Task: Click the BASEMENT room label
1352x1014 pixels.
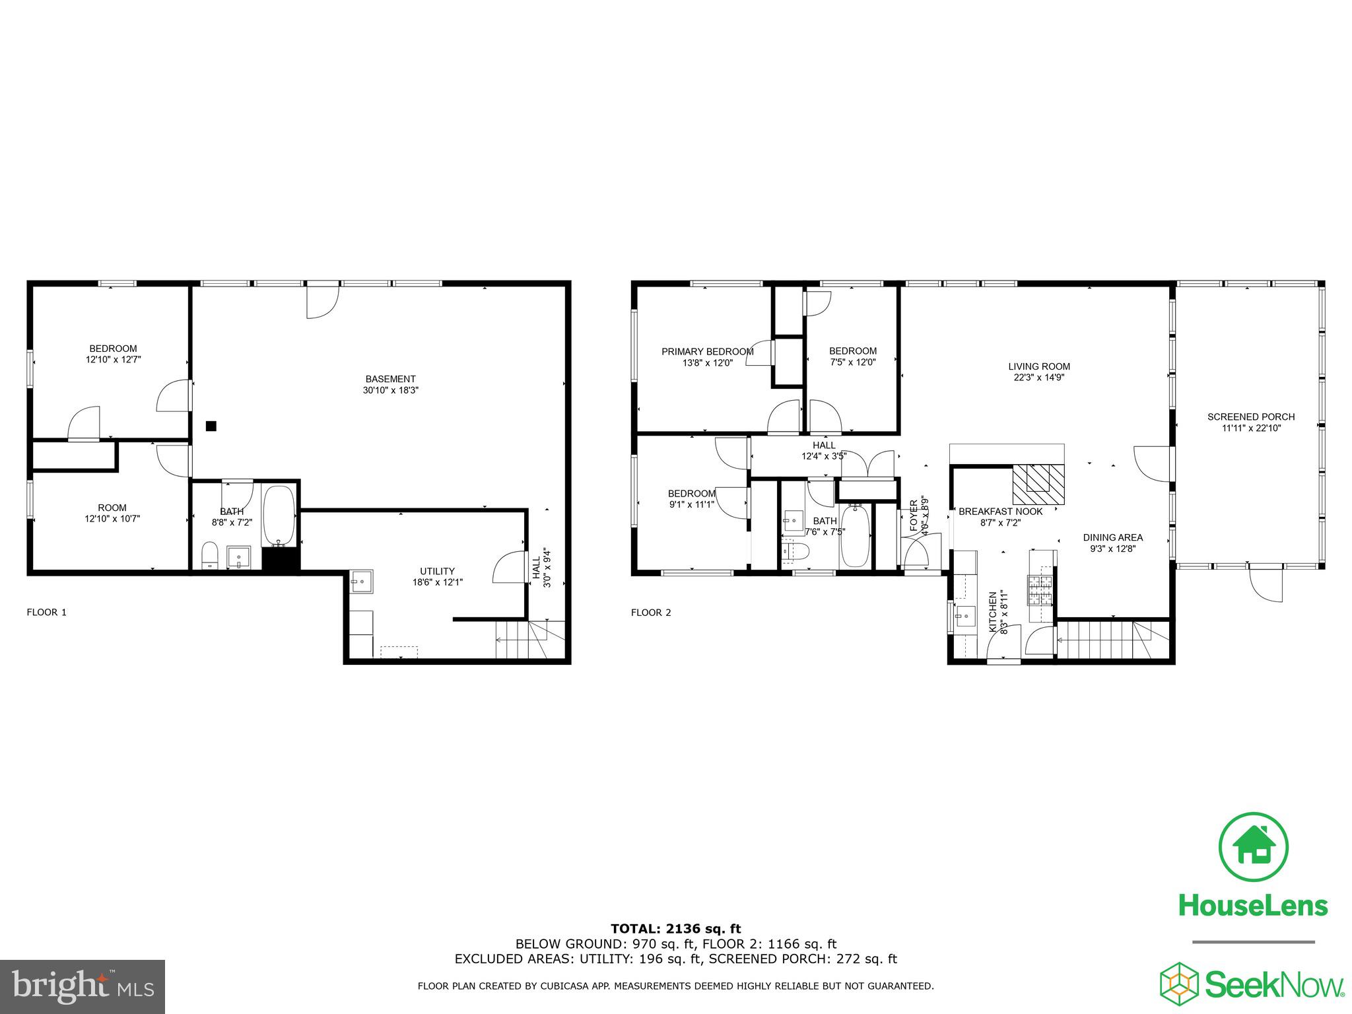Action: (x=390, y=379)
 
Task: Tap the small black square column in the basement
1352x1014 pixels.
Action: (x=211, y=426)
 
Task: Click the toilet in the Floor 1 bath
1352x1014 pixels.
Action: (x=209, y=555)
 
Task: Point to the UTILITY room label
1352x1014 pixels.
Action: (x=437, y=571)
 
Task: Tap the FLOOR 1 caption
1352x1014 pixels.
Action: (x=46, y=612)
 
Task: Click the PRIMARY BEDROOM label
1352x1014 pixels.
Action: (x=707, y=352)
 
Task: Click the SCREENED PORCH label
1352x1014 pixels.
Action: (x=1251, y=417)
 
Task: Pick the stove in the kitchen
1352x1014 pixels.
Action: (x=1039, y=590)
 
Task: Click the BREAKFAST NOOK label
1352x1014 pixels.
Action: (x=1000, y=512)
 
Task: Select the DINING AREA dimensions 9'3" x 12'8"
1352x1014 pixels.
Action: (x=1112, y=548)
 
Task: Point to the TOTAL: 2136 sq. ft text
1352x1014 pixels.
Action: (x=675, y=929)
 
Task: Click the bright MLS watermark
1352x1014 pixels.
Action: (x=82, y=986)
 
